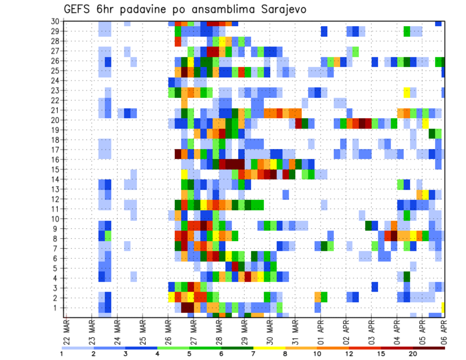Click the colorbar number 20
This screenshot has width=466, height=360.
click(x=413, y=354)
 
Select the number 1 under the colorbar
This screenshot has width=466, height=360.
click(x=62, y=354)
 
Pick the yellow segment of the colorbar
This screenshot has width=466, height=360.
click(x=269, y=348)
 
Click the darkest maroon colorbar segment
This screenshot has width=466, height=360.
click(x=429, y=348)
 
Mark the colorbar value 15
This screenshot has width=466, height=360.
click(x=381, y=354)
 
